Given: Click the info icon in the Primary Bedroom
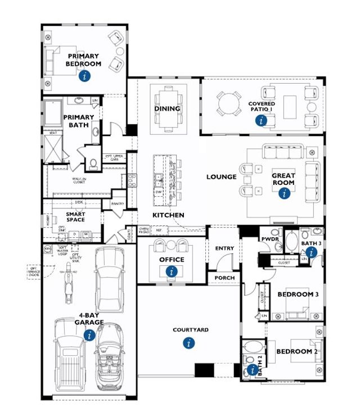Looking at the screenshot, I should (x=85, y=76).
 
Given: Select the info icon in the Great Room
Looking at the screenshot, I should (x=284, y=194).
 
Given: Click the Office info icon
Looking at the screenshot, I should (x=172, y=271).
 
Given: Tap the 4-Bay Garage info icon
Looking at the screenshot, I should (x=89, y=336).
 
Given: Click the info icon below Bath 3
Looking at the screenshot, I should (x=310, y=253).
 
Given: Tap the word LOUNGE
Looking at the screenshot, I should (x=221, y=177).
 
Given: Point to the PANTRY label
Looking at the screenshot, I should (x=118, y=204).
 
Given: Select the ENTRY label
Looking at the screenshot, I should (x=224, y=248).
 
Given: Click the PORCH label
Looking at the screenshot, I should (x=224, y=278).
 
